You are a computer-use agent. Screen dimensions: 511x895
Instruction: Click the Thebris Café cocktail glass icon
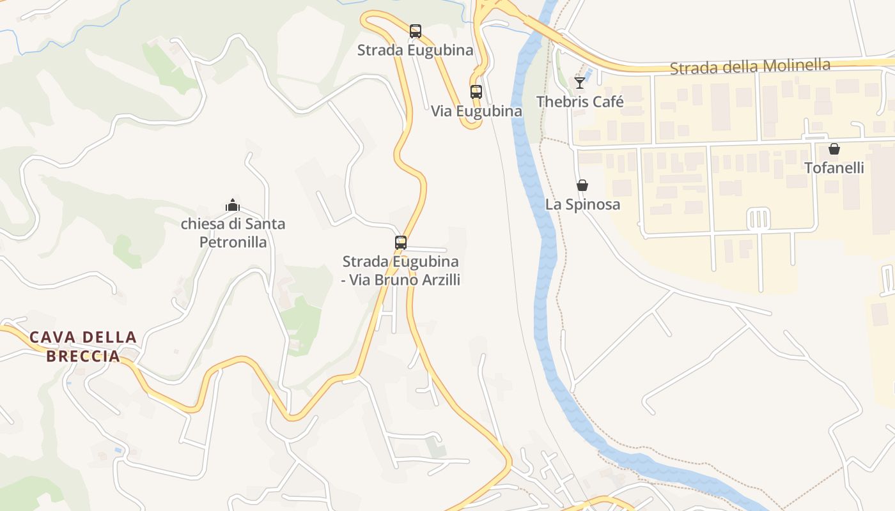click(x=580, y=83)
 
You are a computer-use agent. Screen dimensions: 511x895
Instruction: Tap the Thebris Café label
click(x=580, y=102)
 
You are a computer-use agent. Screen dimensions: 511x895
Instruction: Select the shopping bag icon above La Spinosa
click(x=582, y=186)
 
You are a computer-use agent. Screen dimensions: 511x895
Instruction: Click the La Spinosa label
click(x=582, y=204)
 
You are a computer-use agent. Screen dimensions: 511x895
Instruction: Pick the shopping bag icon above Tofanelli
click(x=834, y=149)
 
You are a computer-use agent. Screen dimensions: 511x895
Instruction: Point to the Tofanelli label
click(x=834, y=168)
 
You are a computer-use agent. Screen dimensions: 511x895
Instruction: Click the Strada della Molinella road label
click(x=750, y=66)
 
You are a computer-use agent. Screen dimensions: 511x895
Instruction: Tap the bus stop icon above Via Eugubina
click(x=476, y=92)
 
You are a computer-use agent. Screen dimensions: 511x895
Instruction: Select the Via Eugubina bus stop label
click(x=476, y=111)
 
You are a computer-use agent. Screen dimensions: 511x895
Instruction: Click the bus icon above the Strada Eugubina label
click(x=416, y=31)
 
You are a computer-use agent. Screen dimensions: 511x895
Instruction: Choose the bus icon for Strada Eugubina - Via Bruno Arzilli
click(x=401, y=243)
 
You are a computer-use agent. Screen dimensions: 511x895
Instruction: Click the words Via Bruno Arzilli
click(x=405, y=280)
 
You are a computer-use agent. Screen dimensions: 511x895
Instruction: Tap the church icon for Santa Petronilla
click(x=233, y=206)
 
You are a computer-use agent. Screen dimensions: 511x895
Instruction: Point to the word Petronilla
click(x=233, y=242)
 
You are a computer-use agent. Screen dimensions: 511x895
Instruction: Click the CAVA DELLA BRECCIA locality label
click(x=84, y=346)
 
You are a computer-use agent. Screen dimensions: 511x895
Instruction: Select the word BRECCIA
click(x=84, y=356)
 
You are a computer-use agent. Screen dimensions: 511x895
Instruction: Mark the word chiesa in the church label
click(x=201, y=224)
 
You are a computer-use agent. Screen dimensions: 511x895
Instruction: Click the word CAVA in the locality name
click(x=51, y=337)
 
